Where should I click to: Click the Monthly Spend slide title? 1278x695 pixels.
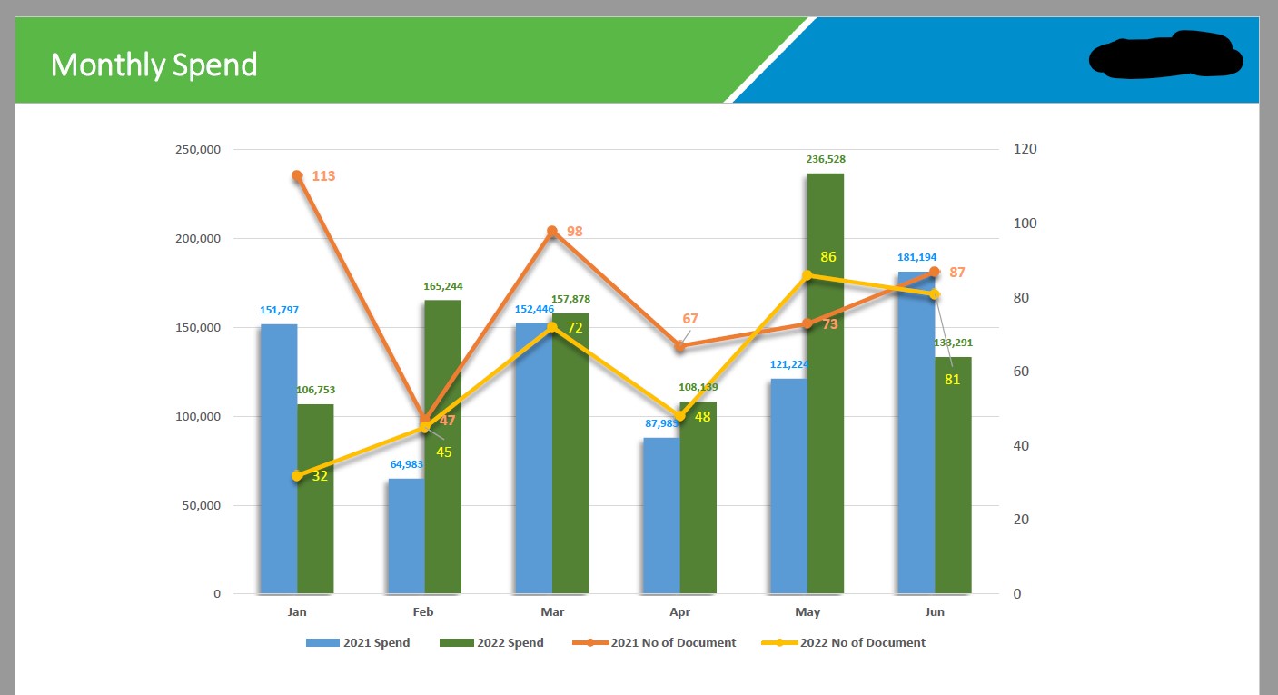pos(154,65)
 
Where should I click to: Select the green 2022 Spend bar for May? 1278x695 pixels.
pos(825,382)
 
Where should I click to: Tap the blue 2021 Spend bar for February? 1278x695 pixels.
pos(406,536)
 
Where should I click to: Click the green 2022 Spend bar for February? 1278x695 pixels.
pos(442,445)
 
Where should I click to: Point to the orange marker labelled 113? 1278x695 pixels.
pos(297,175)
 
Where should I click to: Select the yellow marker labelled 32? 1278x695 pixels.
pos(297,476)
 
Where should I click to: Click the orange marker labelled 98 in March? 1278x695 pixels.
pos(552,232)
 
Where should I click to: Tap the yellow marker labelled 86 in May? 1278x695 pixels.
pos(807,275)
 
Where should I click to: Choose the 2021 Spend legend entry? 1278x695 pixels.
pos(358,643)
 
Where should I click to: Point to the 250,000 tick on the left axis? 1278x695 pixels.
pos(197,150)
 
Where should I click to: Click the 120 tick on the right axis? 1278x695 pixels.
pos(1025,149)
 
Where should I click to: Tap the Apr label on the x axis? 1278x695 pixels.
pos(679,612)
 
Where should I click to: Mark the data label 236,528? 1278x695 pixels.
pos(826,159)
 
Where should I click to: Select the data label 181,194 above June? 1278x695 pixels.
pos(916,257)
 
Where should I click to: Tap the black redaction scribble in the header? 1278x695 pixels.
pos(1165,55)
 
